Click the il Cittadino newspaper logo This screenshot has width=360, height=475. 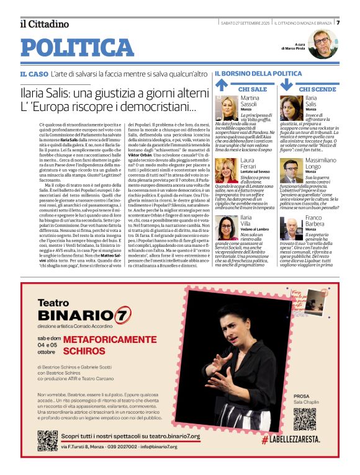pyautogui.click(x=44, y=24)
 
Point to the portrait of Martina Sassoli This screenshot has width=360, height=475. pyautogui.click(x=226, y=108)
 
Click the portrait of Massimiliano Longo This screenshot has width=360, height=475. pyautogui.click(x=291, y=171)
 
